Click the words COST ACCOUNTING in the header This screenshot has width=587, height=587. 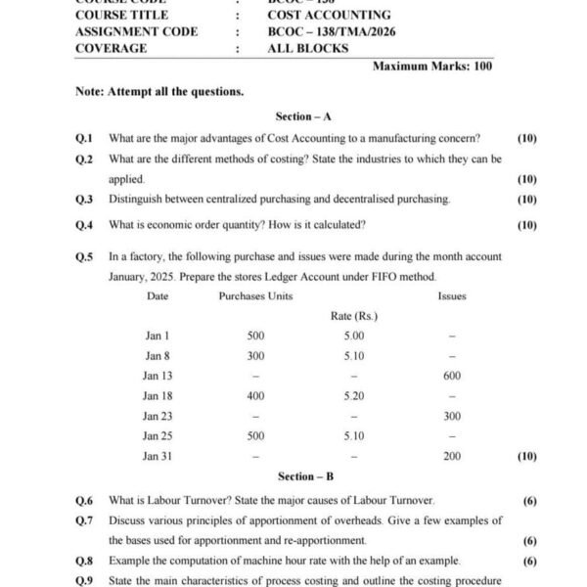click(x=329, y=15)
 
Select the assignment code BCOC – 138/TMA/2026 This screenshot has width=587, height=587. click(x=330, y=31)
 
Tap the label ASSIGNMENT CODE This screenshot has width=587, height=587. click(x=136, y=31)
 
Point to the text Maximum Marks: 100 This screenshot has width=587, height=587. click(x=432, y=67)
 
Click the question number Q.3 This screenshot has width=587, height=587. click(x=84, y=199)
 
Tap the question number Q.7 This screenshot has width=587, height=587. click(x=84, y=519)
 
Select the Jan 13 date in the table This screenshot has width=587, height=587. click(x=158, y=376)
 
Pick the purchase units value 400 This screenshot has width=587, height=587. click(x=255, y=395)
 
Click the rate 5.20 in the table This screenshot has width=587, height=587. click(x=354, y=395)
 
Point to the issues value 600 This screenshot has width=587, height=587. click(x=452, y=376)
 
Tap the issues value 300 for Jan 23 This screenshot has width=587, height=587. click(x=452, y=416)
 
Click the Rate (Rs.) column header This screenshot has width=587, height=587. click(x=354, y=315)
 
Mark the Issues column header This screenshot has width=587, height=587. click(x=452, y=295)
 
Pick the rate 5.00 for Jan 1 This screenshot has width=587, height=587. click(x=354, y=336)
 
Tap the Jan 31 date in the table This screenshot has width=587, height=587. click(x=158, y=456)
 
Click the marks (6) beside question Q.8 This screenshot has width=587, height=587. click(x=529, y=561)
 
